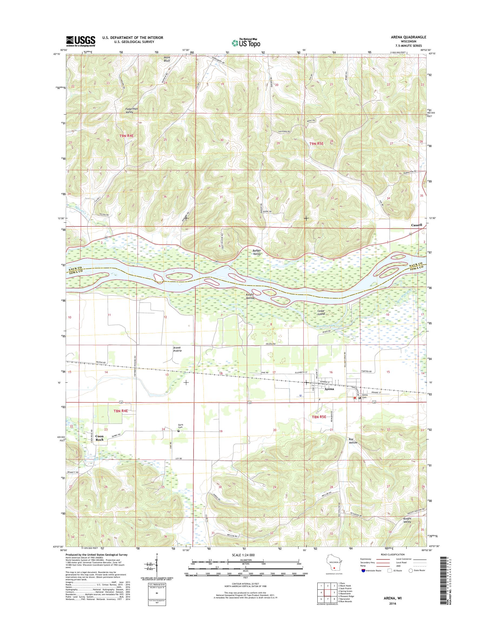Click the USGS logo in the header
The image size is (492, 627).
click(81, 41)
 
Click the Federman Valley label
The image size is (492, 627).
click(131, 110)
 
